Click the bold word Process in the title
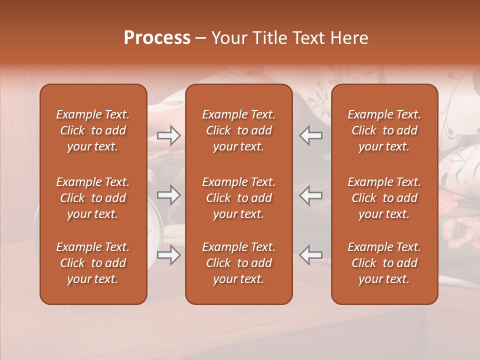(x=157, y=38)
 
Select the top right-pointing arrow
(x=168, y=135)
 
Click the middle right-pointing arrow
(x=168, y=195)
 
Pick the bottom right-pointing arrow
(x=168, y=255)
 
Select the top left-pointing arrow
(x=310, y=135)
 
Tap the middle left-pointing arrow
(x=310, y=195)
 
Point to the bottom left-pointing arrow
(x=310, y=255)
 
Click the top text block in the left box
(x=93, y=130)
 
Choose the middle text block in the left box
(x=93, y=198)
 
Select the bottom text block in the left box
(x=93, y=263)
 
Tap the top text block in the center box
(x=238, y=130)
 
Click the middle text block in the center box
(x=238, y=198)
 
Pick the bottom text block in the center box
(x=238, y=263)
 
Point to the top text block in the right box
(x=384, y=130)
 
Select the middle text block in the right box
(x=384, y=198)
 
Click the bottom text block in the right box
(x=384, y=263)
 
